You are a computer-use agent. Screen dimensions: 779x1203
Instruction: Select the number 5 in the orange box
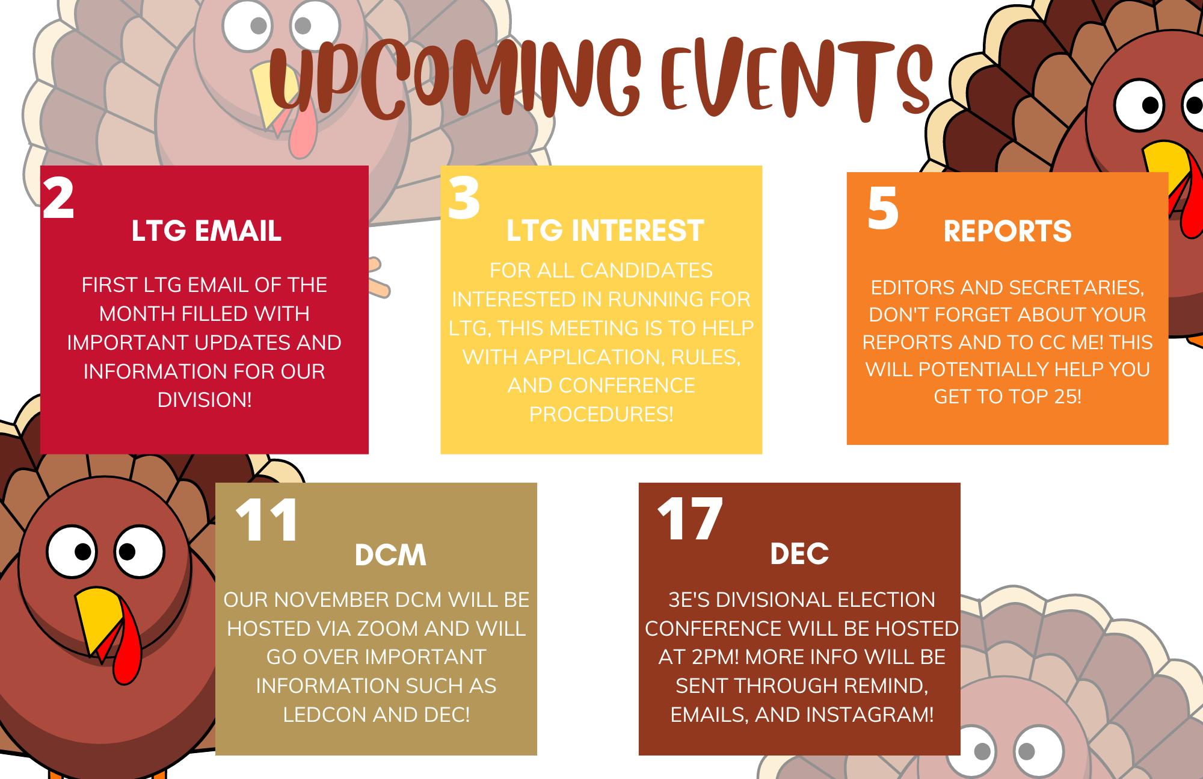[882, 208]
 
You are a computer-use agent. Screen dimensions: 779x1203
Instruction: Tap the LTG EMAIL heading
[206, 231]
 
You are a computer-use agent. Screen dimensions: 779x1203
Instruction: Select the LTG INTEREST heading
[605, 231]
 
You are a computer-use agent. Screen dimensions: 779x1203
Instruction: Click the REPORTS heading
[1007, 231]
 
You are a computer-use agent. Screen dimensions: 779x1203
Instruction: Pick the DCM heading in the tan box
[390, 555]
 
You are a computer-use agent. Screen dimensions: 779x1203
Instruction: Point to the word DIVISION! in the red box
[205, 400]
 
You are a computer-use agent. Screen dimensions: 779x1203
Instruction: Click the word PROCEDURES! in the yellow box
[601, 414]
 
